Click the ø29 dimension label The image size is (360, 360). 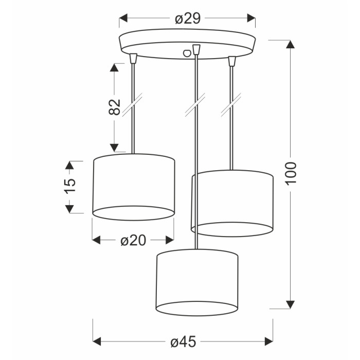tap(188, 19)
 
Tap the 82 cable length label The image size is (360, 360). tap(114, 107)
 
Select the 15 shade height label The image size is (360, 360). tap(70, 186)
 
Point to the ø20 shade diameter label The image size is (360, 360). tap(133, 240)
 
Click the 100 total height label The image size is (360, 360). tap(291, 173)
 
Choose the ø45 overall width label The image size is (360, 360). tap(183, 342)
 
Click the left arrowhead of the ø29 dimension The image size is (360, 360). tap(123, 18)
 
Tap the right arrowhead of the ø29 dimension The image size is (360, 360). tap(251, 18)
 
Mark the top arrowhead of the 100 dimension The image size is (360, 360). tap(290, 44)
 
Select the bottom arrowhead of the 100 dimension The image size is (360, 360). tap(290, 304)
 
